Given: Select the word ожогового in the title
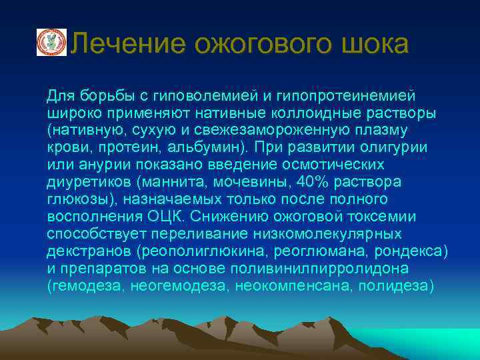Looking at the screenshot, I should pos(254,45).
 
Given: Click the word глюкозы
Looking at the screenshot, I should pos(75,199).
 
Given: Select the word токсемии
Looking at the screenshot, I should pos(381,217).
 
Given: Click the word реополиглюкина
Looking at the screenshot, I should pos(207,251).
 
